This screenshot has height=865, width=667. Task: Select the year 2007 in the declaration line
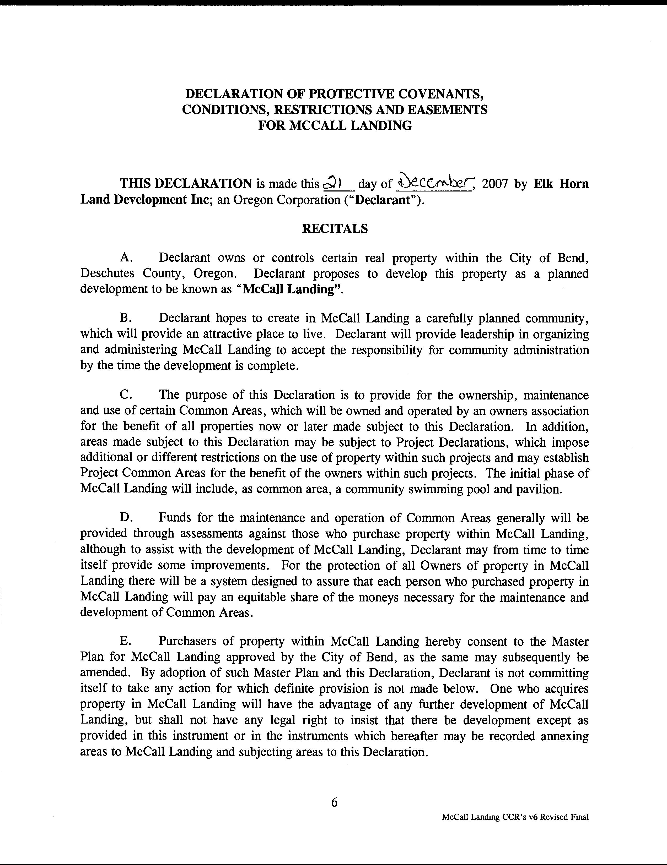click(495, 184)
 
